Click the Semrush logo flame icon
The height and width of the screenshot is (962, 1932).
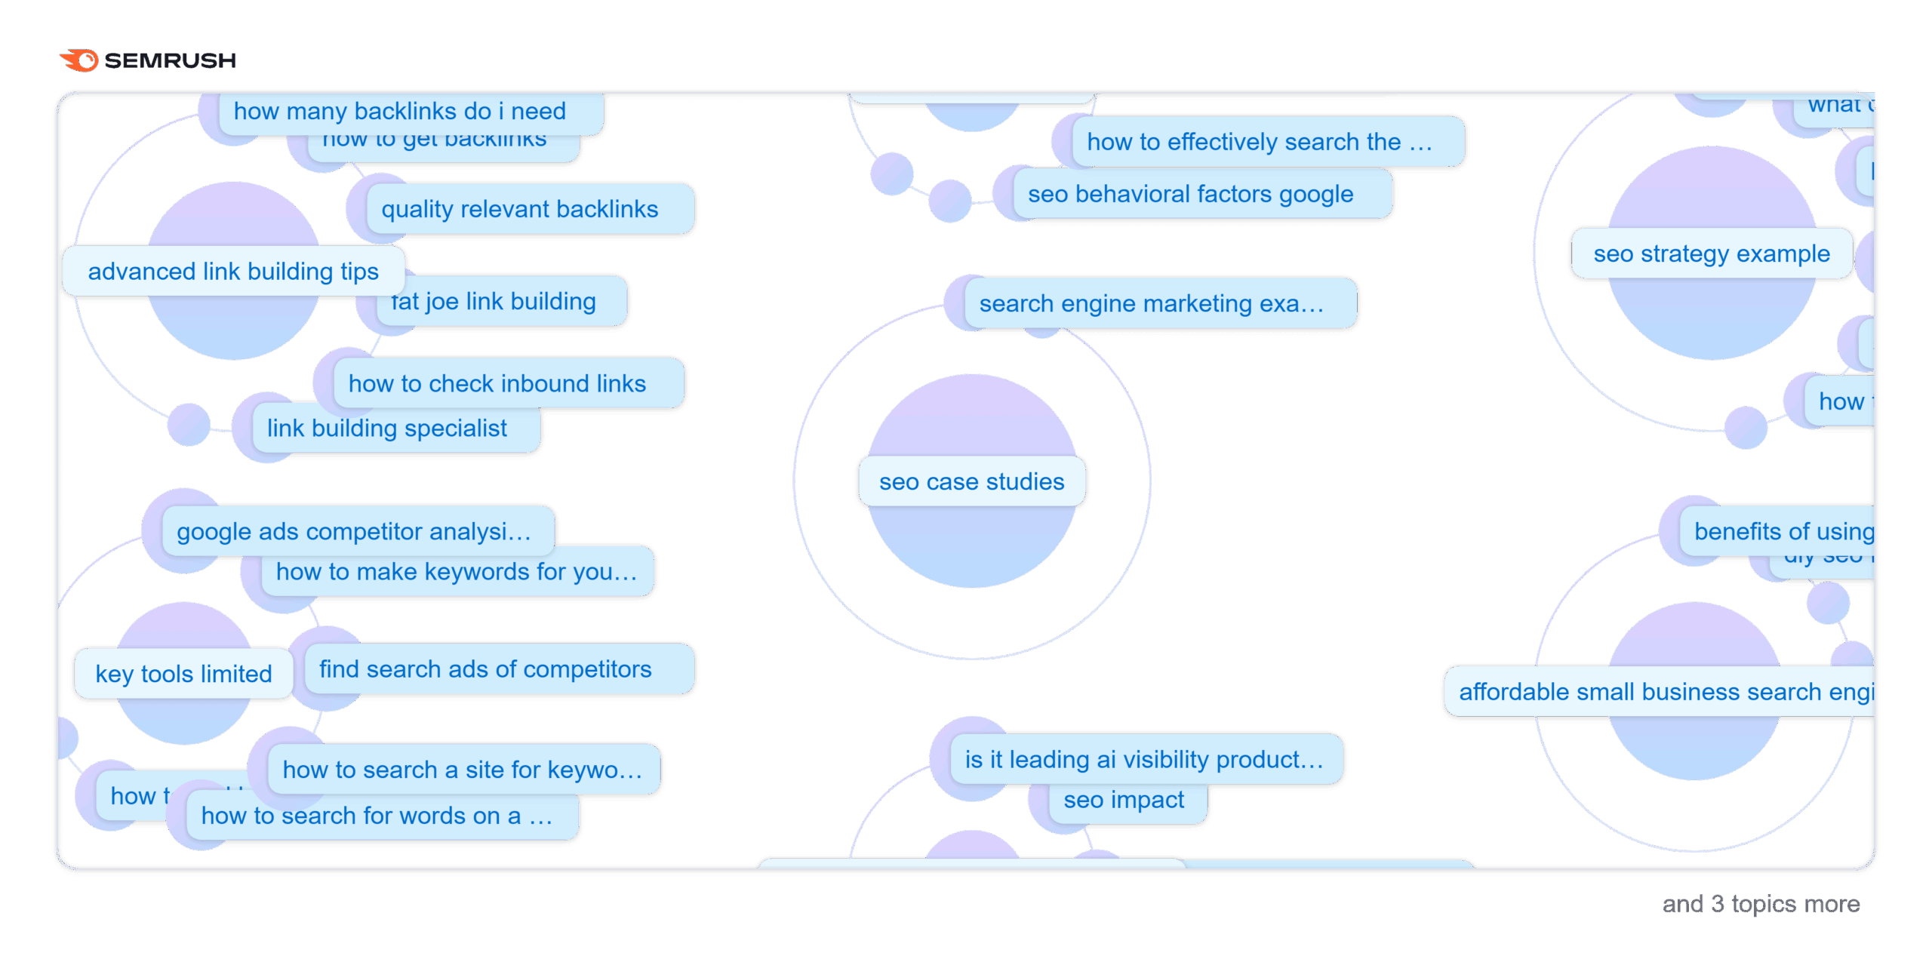[80, 60]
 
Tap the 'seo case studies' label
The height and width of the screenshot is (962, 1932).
[971, 481]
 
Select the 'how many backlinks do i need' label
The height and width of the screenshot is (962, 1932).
[400, 112]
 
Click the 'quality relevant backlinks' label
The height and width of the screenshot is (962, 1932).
[520, 209]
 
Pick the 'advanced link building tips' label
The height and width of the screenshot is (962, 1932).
[233, 272]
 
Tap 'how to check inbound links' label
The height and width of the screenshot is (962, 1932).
[497, 383]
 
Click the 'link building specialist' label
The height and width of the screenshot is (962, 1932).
[387, 429]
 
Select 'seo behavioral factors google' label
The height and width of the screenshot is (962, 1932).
[1190, 195]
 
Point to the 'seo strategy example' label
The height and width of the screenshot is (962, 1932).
[1711, 254]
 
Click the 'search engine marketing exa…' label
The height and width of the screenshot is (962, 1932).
[1152, 304]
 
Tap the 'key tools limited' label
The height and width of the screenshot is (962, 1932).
[183, 674]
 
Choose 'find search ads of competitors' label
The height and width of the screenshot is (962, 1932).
[485, 669]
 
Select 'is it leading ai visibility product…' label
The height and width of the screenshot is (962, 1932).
[1144, 760]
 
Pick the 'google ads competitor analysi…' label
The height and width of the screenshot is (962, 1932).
[354, 532]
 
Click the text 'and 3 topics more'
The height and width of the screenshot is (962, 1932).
[1760, 904]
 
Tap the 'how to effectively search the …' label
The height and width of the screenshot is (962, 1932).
[1260, 142]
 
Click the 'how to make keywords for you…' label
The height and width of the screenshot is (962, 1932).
[457, 572]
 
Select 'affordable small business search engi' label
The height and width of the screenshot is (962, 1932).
[1665, 692]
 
